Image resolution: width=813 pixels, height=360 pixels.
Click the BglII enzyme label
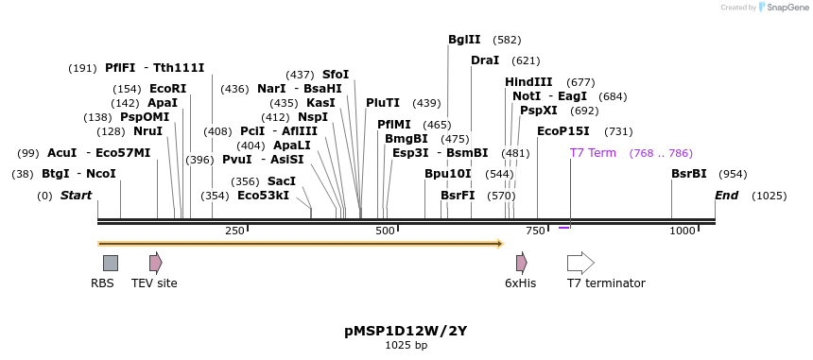point(464,40)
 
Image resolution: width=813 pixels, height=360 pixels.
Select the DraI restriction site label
point(485,60)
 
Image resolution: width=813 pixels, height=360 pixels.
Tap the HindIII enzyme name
point(528,82)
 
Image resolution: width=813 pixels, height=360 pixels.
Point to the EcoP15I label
point(562,131)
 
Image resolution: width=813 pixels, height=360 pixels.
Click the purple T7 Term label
point(593,153)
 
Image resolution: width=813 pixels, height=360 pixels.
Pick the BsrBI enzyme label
point(689,174)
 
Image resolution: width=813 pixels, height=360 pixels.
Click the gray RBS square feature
point(111,263)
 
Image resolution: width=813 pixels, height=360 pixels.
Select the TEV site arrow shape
point(155,263)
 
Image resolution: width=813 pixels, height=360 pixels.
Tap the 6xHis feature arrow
point(521,263)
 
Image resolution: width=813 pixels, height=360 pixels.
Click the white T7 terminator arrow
point(580,263)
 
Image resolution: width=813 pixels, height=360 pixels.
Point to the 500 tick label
point(385,231)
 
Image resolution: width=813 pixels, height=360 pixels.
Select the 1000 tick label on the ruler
point(683,231)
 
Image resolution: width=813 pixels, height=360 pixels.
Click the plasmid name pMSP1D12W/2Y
point(406,332)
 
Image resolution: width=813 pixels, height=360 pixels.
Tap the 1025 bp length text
point(406,346)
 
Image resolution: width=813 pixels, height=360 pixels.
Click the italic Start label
point(77,196)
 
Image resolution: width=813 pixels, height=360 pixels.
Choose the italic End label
point(727,196)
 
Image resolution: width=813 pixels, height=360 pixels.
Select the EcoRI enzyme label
point(168,89)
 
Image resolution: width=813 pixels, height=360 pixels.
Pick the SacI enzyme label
point(282,181)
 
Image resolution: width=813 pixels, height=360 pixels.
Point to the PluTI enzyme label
point(383,103)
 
